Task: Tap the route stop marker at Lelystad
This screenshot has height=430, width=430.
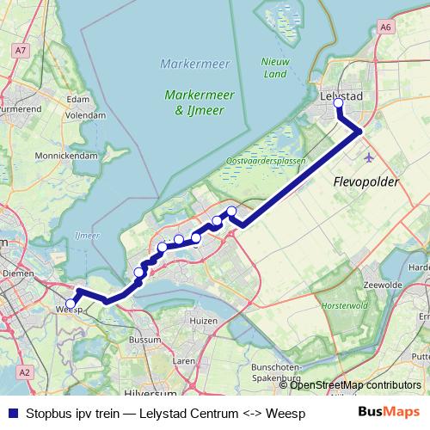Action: [338, 104]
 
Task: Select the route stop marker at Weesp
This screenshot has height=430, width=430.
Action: [71, 303]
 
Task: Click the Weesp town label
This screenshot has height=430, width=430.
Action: [68, 311]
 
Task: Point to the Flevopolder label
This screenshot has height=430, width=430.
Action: [365, 182]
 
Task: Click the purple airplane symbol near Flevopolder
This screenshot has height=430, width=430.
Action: [370, 158]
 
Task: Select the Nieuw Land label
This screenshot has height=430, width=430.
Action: [274, 67]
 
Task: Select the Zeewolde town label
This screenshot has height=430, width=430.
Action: [384, 285]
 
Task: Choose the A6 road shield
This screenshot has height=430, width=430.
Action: [384, 28]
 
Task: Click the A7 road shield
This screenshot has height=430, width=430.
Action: [20, 52]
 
